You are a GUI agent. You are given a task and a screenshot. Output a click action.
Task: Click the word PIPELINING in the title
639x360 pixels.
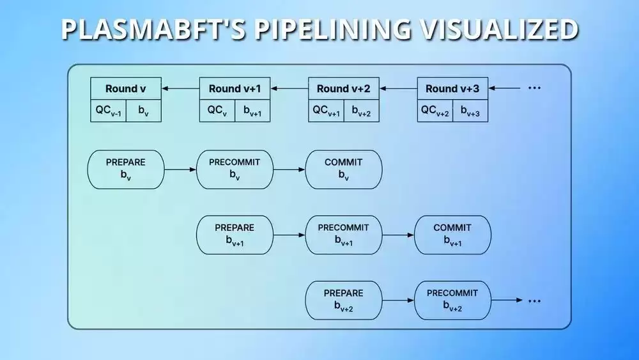click(x=333, y=29)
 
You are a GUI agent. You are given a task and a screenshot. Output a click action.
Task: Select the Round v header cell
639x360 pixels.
click(x=126, y=88)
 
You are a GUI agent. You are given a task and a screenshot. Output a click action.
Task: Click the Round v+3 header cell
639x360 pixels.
click(x=452, y=88)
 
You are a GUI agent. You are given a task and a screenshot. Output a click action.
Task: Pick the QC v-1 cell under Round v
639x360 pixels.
click(x=109, y=111)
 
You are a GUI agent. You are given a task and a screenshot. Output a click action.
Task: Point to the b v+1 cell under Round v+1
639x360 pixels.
click(x=252, y=111)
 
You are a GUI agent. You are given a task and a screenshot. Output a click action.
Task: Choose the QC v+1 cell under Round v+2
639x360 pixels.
click(x=326, y=111)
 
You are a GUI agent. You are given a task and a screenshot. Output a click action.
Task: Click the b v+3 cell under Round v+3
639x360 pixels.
click(x=470, y=111)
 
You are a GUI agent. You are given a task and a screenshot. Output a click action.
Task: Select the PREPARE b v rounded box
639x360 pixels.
click(x=126, y=169)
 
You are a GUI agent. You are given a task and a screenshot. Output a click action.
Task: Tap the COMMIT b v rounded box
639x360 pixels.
click(x=344, y=169)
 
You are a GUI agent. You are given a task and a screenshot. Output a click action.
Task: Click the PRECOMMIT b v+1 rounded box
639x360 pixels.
click(x=344, y=235)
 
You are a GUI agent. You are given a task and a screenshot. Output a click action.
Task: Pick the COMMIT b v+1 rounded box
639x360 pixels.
click(x=452, y=235)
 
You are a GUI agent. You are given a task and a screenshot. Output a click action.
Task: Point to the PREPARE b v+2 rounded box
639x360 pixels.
click(x=344, y=301)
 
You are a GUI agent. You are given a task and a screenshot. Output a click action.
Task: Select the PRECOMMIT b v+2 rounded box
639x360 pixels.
click(x=452, y=301)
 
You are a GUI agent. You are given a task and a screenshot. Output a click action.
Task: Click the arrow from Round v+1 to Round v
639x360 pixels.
click(x=181, y=88)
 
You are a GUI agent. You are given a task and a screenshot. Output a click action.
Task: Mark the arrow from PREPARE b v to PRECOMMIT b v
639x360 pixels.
click(x=181, y=169)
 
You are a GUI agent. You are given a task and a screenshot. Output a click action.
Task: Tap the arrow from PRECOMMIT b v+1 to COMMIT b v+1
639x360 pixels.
click(x=398, y=235)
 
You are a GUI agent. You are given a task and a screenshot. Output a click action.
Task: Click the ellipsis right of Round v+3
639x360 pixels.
click(x=534, y=88)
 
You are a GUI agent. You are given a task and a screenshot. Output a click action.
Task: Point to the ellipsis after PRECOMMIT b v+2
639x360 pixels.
click(x=534, y=301)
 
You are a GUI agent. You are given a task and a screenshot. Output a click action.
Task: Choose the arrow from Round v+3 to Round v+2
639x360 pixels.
click(x=399, y=88)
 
